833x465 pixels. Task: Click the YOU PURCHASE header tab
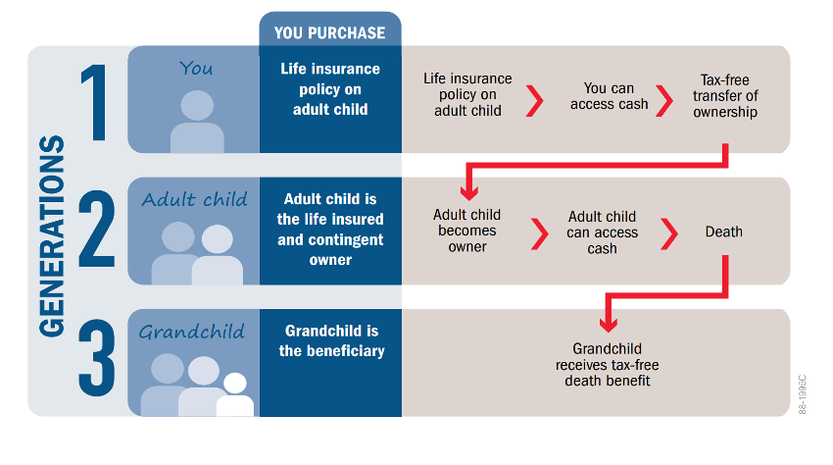tap(330, 33)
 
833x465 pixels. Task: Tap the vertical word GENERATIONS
tap(52, 236)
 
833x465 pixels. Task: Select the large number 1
tap(96, 103)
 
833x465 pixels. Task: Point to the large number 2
tap(97, 230)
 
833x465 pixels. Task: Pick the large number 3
tap(97, 357)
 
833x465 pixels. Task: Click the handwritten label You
tap(195, 68)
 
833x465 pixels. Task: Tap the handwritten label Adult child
tap(194, 199)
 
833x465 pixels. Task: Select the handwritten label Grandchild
tap(192, 332)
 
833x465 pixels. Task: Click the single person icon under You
tap(197, 122)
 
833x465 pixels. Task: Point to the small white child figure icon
tap(235, 394)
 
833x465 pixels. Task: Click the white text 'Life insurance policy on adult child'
tap(330, 89)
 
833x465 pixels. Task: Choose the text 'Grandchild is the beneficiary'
tap(331, 341)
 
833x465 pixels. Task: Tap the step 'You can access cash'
tap(609, 96)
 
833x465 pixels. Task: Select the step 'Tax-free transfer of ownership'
tap(725, 96)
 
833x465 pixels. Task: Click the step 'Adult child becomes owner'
tap(466, 231)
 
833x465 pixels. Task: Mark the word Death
tap(723, 232)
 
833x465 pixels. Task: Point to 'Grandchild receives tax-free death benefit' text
tap(608, 365)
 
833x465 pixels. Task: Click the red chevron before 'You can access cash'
tap(535, 100)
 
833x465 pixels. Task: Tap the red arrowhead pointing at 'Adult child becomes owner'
tap(468, 191)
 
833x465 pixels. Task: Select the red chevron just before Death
tap(669, 233)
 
